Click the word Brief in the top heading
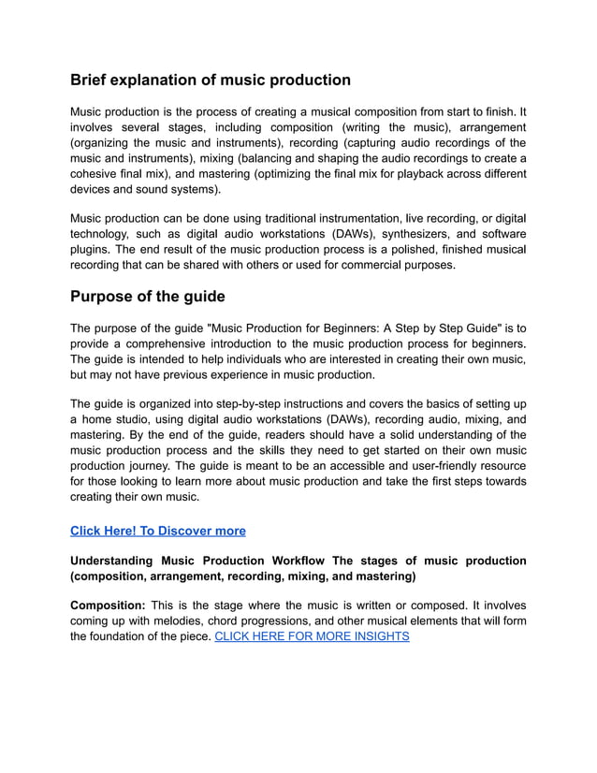click(93, 80)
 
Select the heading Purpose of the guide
click(148, 297)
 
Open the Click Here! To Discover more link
click(158, 531)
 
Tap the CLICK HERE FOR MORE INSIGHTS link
click(312, 636)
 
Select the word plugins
click(92, 249)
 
